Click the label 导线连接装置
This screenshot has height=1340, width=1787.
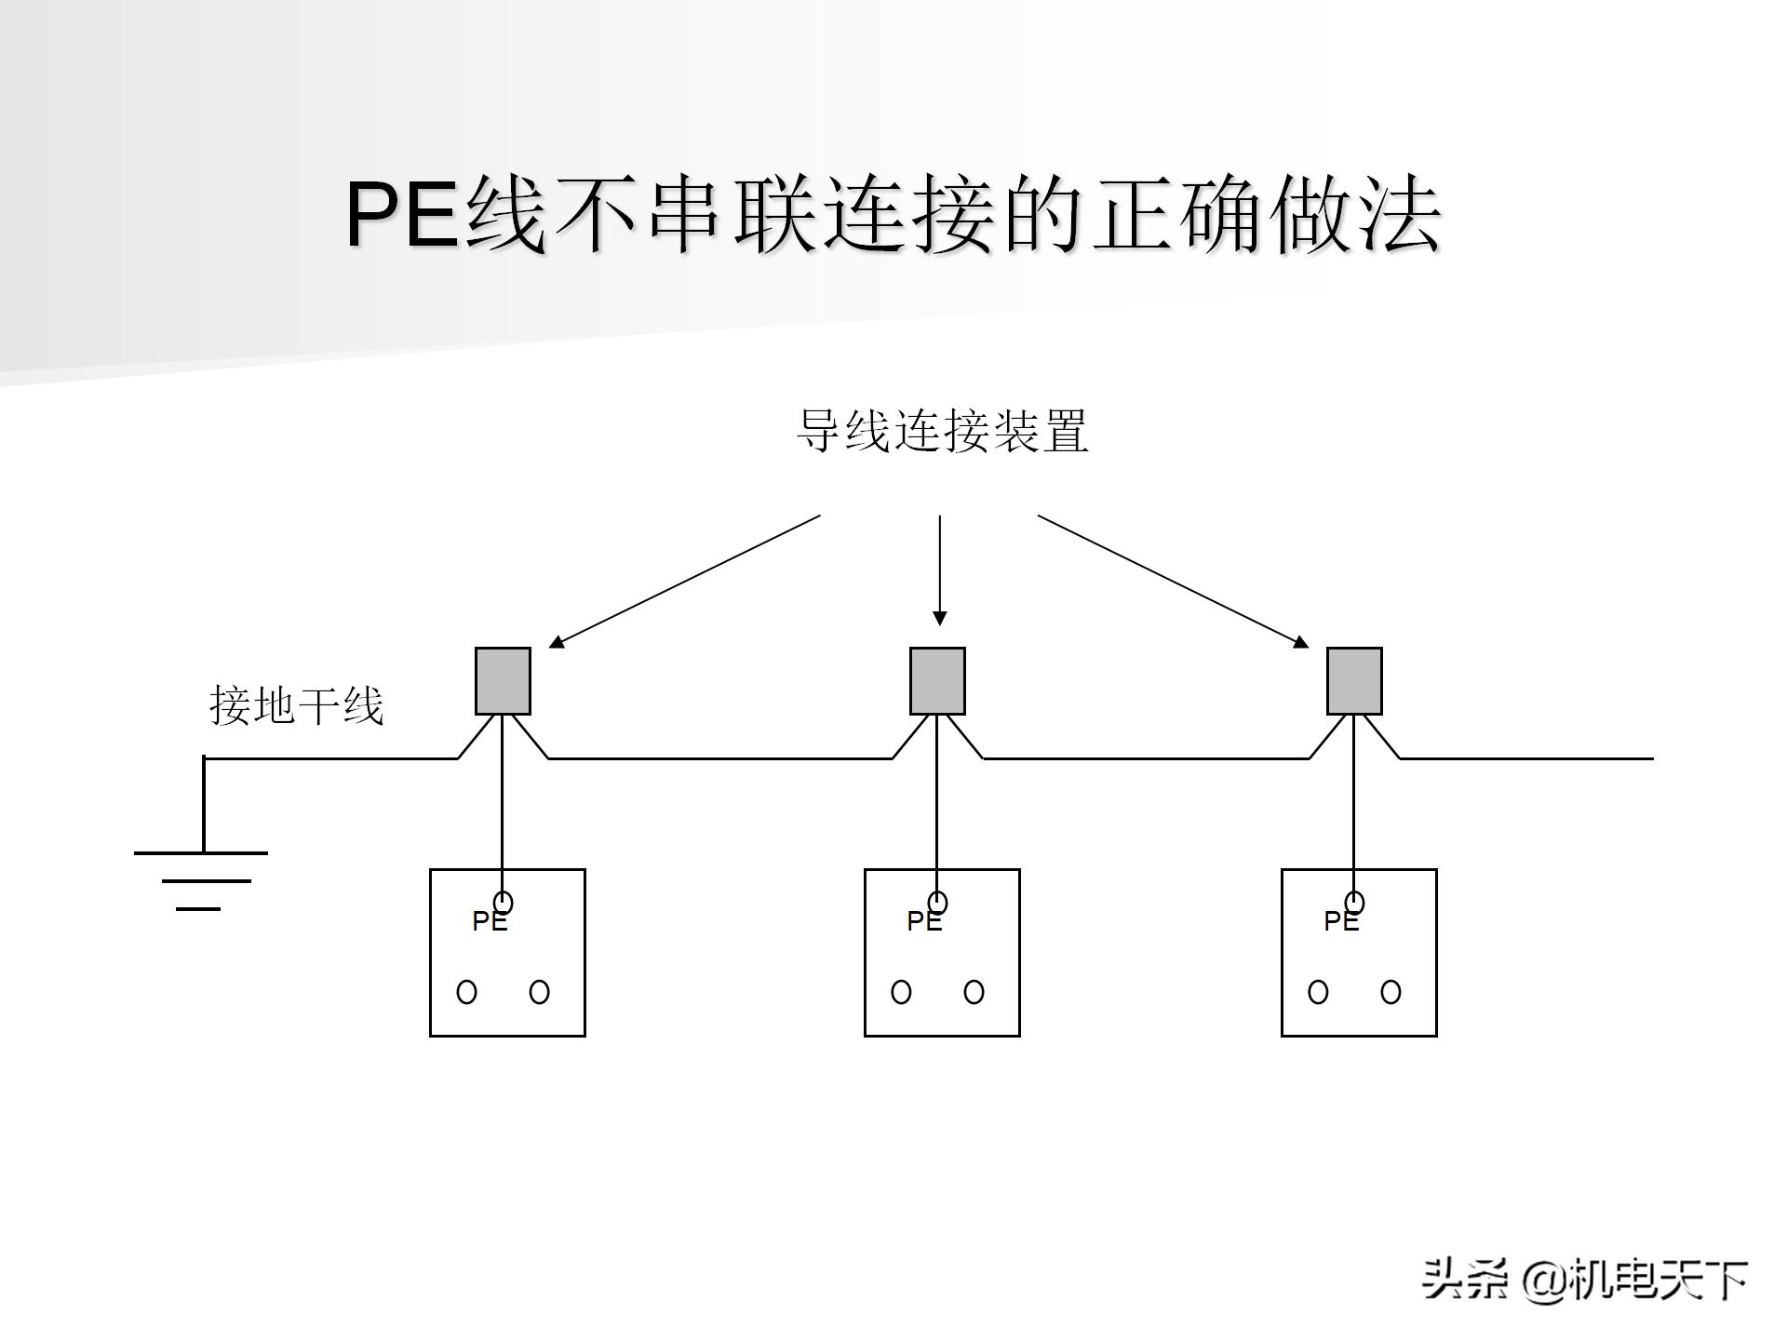click(x=942, y=431)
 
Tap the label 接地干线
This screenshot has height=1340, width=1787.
click(x=296, y=705)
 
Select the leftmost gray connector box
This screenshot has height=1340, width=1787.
click(x=503, y=681)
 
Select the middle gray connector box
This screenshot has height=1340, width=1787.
click(x=937, y=681)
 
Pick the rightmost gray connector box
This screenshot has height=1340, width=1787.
click(x=1354, y=681)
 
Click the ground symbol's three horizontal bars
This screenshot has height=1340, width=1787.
click(x=201, y=879)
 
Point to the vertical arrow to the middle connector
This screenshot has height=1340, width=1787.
click(x=940, y=569)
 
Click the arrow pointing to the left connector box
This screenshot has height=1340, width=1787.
click(x=685, y=581)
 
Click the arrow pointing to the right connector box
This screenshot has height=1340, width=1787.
click(x=1173, y=581)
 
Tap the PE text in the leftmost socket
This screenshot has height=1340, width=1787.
click(x=490, y=921)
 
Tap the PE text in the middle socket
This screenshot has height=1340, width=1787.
click(x=924, y=921)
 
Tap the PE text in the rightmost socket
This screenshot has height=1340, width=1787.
click(x=1341, y=921)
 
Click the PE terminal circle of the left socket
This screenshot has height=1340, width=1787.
click(x=504, y=903)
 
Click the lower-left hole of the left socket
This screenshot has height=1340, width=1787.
click(x=466, y=992)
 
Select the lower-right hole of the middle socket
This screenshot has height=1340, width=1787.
click(x=974, y=992)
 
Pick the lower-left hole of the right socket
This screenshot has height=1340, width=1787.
click(x=1318, y=992)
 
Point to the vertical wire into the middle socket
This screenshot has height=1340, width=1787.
click(x=937, y=800)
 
